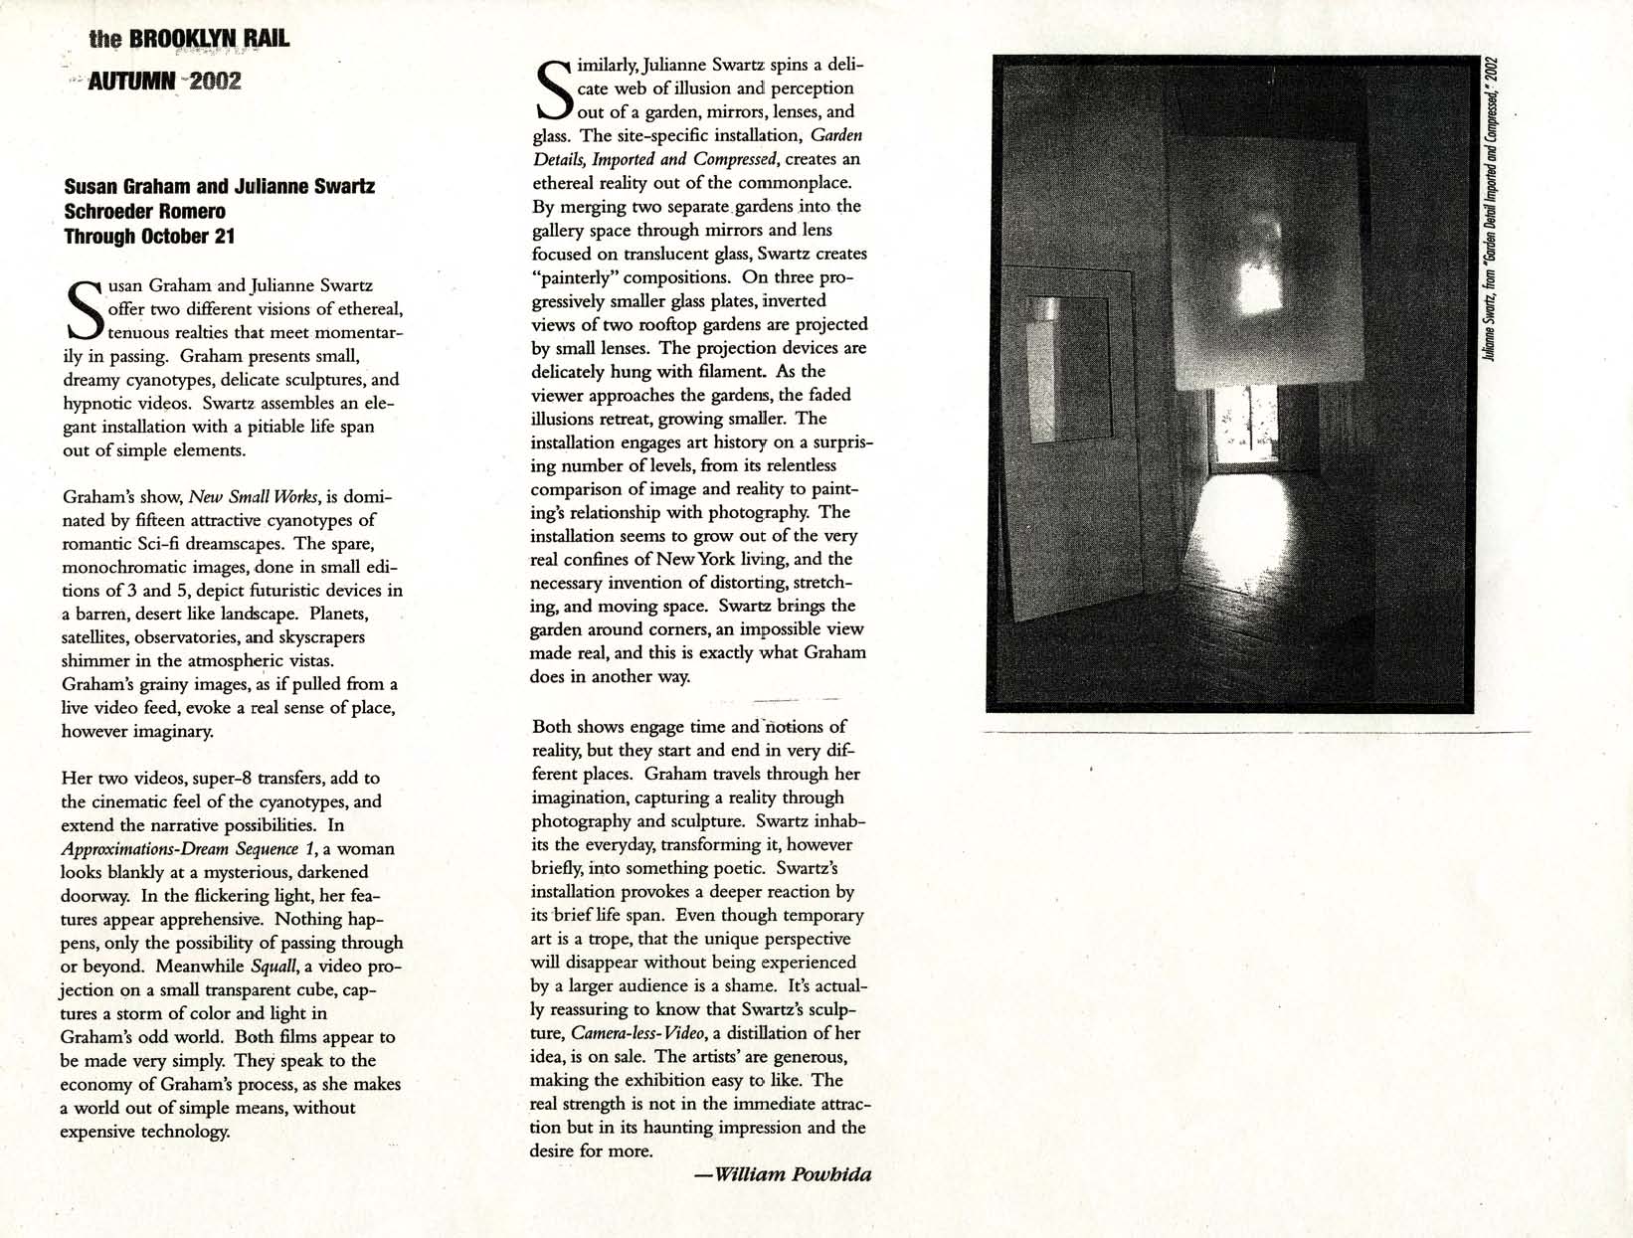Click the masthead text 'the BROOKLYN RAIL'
pyautogui.click(x=189, y=39)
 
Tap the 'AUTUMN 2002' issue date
pyautogui.click(x=165, y=81)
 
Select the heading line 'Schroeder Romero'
pyautogui.click(x=145, y=211)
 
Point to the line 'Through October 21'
pyautogui.click(x=149, y=236)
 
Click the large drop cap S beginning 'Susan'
pyautogui.click(x=84, y=309)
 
